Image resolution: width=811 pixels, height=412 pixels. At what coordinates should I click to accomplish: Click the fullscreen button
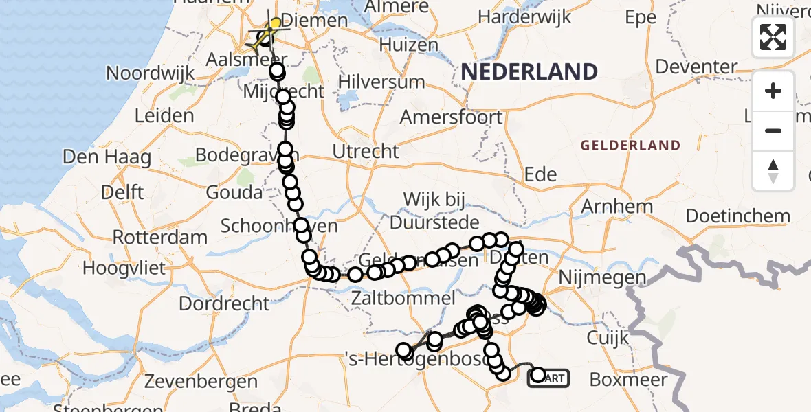click(x=773, y=37)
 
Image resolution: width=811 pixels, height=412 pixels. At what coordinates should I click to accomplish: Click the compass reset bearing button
click(x=773, y=171)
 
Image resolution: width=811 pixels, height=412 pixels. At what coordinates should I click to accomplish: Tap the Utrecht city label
click(x=364, y=151)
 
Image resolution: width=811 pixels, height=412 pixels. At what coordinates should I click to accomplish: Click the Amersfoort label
click(x=451, y=117)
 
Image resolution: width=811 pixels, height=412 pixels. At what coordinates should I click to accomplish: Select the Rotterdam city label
click(x=160, y=238)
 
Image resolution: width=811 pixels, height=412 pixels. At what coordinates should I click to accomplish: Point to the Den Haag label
click(x=107, y=157)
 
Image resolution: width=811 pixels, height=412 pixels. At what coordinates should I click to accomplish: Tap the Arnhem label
click(x=617, y=206)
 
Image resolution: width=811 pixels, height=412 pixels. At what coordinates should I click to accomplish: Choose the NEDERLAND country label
click(x=529, y=71)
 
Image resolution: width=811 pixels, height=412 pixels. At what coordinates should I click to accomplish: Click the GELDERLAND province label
click(x=630, y=146)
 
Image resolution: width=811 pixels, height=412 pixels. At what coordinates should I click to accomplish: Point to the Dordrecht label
click(x=224, y=303)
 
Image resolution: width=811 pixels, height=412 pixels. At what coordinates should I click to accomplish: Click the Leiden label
click(x=164, y=115)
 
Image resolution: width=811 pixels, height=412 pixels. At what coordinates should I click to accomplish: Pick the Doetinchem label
click(x=738, y=216)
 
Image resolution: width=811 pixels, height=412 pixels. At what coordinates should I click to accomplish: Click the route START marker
click(x=548, y=378)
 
